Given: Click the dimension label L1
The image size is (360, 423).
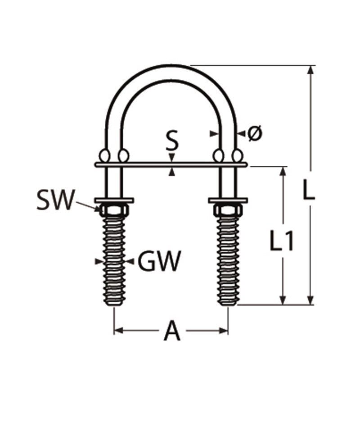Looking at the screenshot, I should click(282, 241).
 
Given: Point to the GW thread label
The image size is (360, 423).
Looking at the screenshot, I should click(159, 261).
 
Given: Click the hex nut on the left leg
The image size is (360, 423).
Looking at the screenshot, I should click(114, 209).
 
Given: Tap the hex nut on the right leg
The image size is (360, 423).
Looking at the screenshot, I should click(228, 209).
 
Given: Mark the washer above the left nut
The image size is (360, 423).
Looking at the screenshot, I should click(114, 200).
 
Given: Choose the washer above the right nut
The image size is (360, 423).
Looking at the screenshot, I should click(228, 200).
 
